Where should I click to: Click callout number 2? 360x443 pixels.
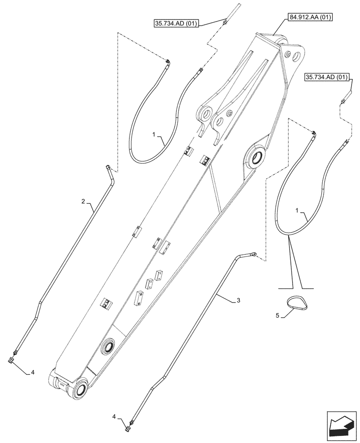point(83,202)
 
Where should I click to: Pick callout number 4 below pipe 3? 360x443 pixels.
point(115,416)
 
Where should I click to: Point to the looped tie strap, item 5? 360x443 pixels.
point(293,303)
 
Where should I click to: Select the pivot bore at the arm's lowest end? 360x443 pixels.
point(81,390)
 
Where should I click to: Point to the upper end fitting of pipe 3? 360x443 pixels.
point(253,254)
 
